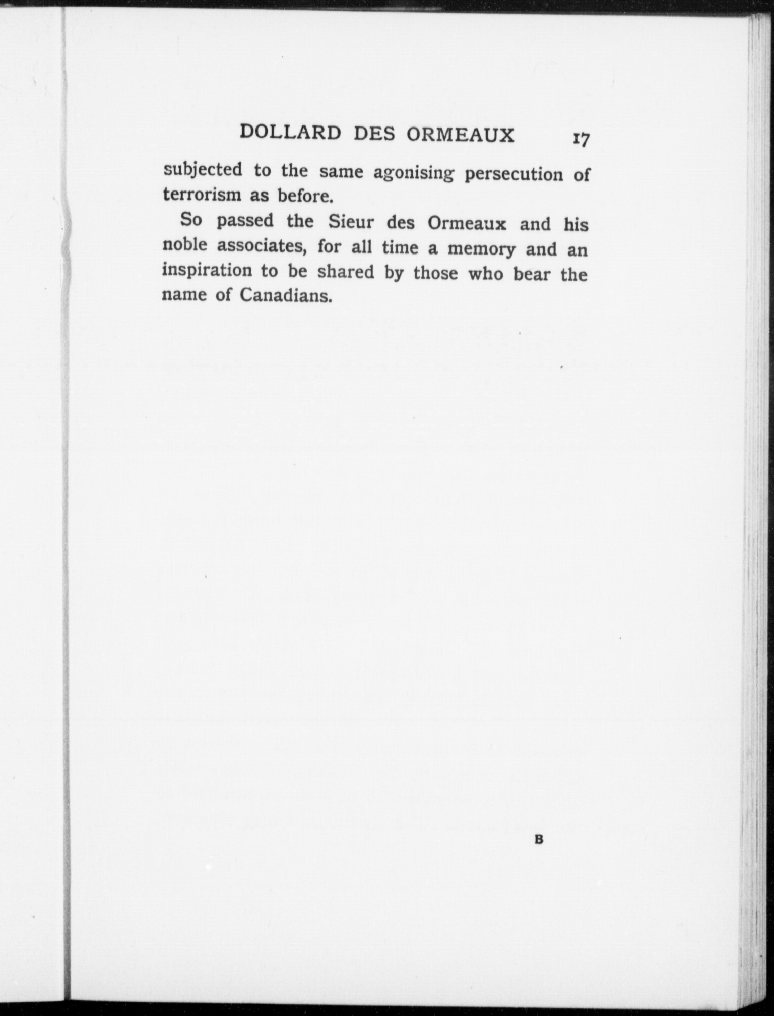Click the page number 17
[580, 139]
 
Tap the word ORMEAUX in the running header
[461, 135]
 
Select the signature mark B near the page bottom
[538, 840]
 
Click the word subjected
[203, 170]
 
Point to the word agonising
[413, 174]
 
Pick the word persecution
[513, 174]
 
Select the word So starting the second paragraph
[191, 219]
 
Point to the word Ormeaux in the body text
[467, 223]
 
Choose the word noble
[184, 245]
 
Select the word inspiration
[207, 271]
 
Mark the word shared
[346, 272]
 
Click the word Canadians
[286, 295]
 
